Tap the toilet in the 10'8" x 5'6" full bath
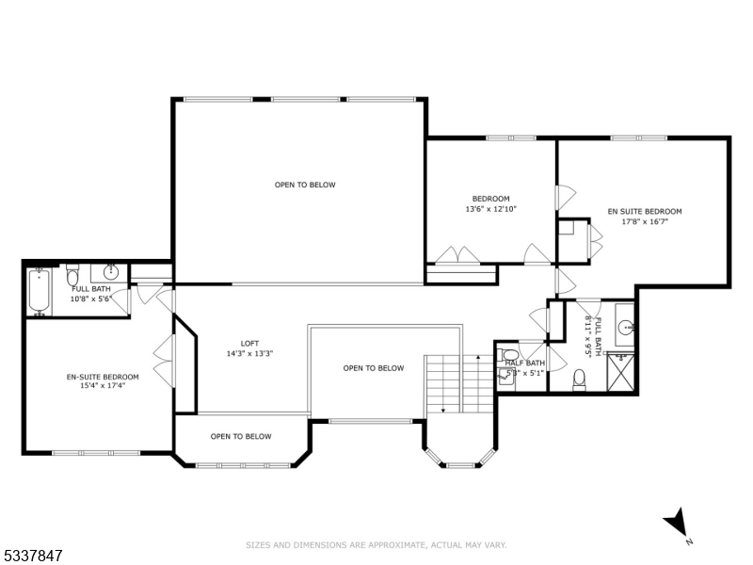click(x=72, y=276)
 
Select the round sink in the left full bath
click(x=110, y=273)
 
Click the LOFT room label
click(x=249, y=344)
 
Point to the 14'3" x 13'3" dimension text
click(x=249, y=354)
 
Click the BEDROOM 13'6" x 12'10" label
click(x=490, y=203)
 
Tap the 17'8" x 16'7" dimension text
click(x=644, y=222)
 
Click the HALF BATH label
click(x=524, y=363)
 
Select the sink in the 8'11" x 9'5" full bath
click(x=626, y=328)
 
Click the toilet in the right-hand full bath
click(x=581, y=379)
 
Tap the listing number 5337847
click(x=32, y=557)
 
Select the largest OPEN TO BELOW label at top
click(x=305, y=185)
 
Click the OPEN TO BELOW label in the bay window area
click(x=241, y=436)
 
